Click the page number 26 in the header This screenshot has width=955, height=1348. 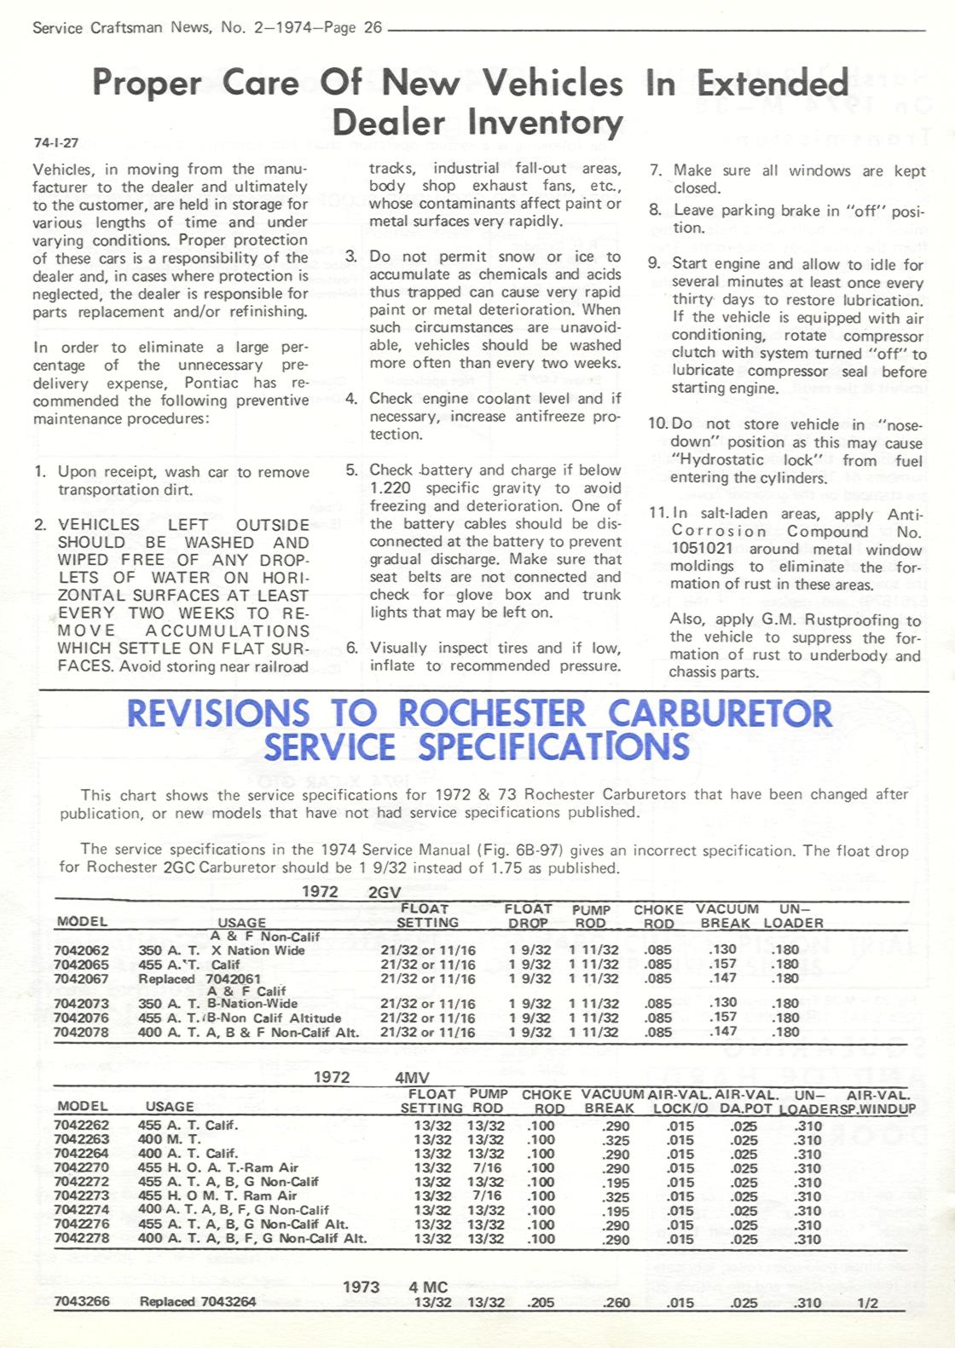[373, 27]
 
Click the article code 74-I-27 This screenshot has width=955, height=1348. [55, 143]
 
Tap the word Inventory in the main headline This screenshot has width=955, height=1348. [546, 123]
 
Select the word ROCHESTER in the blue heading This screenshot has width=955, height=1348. [492, 714]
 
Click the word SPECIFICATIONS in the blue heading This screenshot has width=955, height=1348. [553, 747]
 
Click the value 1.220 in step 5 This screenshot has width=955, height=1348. [390, 488]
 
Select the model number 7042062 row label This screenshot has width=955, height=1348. [81, 950]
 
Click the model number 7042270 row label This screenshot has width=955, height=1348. [81, 1167]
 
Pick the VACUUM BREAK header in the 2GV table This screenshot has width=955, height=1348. [726, 916]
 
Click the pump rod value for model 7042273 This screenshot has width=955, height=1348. [485, 1196]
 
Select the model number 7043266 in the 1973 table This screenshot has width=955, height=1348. [81, 1301]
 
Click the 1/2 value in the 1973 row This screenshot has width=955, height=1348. [867, 1303]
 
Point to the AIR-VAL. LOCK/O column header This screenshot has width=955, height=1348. [680, 1101]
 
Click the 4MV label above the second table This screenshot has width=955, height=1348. [412, 1078]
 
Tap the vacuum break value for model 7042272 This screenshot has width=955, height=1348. [615, 1182]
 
